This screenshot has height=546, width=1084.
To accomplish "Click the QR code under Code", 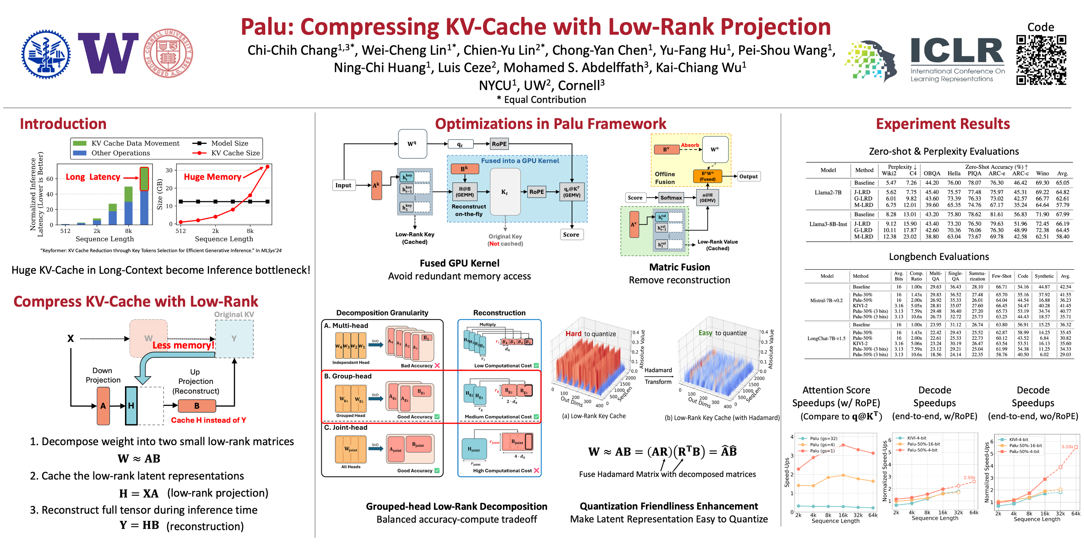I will (x=1041, y=60).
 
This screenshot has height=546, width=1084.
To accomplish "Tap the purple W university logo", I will (x=108, y=54).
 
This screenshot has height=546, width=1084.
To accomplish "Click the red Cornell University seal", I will (x=168, y=54).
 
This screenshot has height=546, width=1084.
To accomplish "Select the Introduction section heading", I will (x=63, y=124).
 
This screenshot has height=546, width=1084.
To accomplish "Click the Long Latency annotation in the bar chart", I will (x=93, y=177).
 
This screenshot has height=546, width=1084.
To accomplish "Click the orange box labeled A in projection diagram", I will (x=103, y=406).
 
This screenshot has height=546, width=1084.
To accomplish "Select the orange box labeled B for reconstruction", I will (x=197, y=406).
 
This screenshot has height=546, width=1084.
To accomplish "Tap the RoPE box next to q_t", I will (x=499, y=144).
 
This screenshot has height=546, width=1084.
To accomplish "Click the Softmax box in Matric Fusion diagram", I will (x=671, y=198).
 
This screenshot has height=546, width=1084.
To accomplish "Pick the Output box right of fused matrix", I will (x=748, y=176).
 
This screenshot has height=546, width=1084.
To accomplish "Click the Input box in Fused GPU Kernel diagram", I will (x=343, y=185).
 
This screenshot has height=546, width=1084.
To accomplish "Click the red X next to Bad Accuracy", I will (x=437, y=365).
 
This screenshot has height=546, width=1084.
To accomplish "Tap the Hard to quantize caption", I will (x=590, y=333).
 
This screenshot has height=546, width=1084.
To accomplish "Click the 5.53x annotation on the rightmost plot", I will (x=1067, y=447).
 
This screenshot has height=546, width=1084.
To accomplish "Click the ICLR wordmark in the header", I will (x=957, y=51).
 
